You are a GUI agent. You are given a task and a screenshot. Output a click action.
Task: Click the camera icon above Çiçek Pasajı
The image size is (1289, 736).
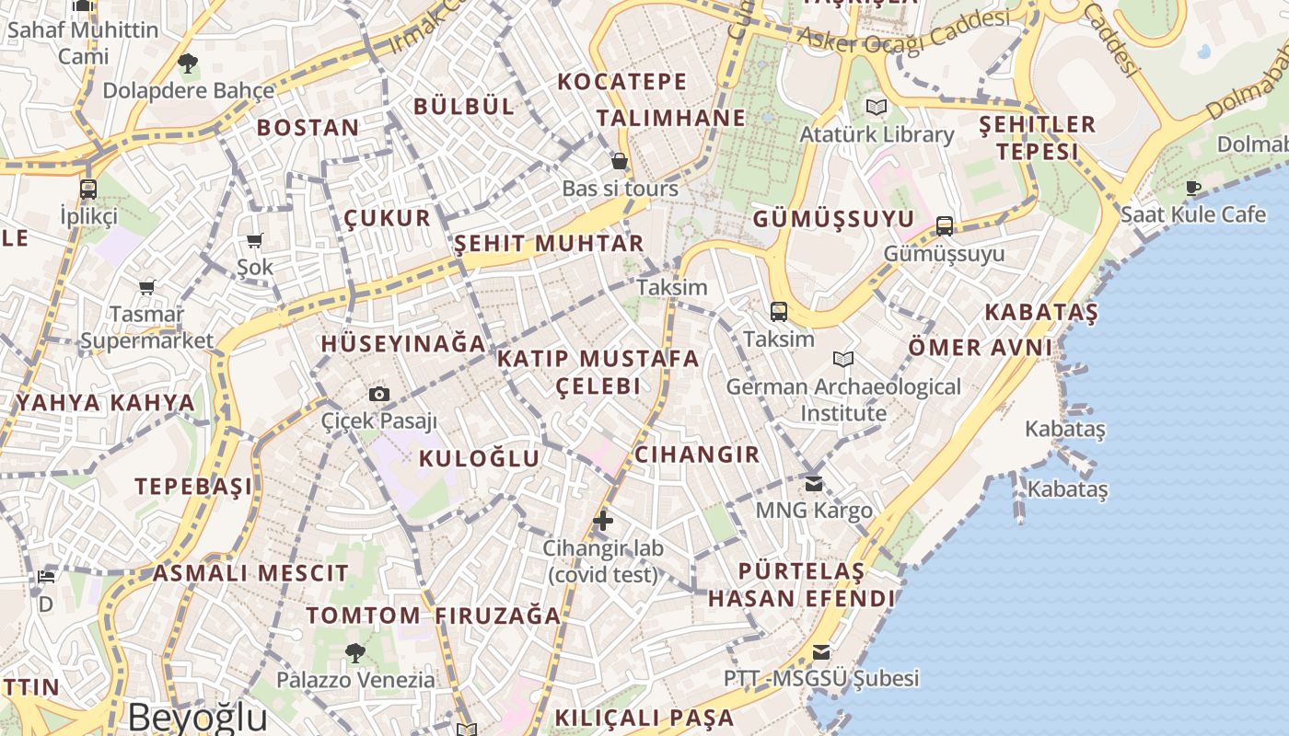[378, 395]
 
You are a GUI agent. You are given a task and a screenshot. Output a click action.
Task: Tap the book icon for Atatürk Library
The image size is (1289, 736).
[877, 108]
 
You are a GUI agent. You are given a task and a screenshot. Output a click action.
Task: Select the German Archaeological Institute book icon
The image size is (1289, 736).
[842, 359]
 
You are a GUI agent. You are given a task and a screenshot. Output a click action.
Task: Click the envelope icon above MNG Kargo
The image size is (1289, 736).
[814, 483]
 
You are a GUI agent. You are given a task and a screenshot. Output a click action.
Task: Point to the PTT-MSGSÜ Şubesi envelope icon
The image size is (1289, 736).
[820, 652]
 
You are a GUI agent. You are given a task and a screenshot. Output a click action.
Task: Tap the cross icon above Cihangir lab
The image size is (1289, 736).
[603, 521]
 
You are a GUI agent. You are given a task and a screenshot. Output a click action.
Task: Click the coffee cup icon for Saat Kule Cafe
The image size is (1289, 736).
[1193, 189]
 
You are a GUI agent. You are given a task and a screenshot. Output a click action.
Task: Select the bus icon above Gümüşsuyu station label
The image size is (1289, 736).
[944, 226]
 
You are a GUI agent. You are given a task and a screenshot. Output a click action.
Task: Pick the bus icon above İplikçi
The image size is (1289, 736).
[88, 190]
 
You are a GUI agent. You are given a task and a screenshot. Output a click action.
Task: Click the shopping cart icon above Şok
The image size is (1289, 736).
[255, 241]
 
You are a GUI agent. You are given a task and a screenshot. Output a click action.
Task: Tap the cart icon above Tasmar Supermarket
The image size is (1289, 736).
[146, 288]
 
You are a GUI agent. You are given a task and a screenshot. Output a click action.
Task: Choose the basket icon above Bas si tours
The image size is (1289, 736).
[621, 162]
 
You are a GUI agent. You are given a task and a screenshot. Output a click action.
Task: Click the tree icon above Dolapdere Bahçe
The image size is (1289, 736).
[188, 63]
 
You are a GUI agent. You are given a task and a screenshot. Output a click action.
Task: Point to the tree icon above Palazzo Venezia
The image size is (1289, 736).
[355, 653]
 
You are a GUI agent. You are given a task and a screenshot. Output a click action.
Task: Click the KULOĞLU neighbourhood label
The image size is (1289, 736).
[479, 458]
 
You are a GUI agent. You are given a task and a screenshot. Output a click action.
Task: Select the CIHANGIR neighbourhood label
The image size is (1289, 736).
[697, 454]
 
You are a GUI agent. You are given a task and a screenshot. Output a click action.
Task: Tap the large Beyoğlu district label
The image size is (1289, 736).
[197, 717]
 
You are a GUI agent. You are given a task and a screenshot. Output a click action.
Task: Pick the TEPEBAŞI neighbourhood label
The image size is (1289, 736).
[193, 486]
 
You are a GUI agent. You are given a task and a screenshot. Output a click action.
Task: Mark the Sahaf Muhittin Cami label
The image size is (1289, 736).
[83, 42]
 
